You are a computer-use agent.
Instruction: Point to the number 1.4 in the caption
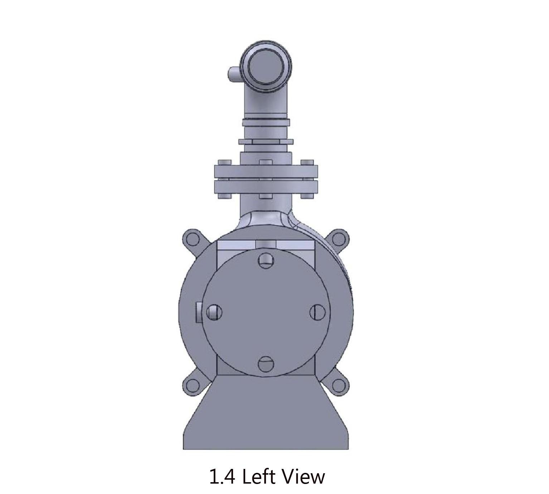click(x=222, y=477)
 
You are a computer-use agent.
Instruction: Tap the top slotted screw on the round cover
click(x=266, y=260)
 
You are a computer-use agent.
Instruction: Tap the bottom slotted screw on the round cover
click(x=266, y=364)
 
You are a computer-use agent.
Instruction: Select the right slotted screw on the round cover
click(x=317, y=312)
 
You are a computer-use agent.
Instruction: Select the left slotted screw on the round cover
click(x=214, y=312)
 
